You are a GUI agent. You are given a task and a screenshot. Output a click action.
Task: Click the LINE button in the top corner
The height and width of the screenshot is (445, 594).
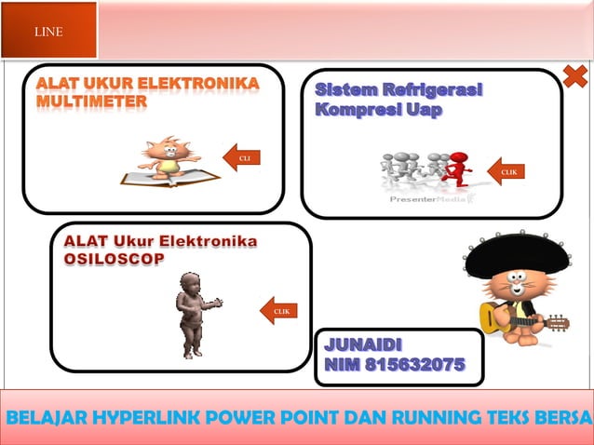(x=48, y=32)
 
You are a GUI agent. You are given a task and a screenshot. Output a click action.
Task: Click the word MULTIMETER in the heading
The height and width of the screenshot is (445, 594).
(x=91, y=101)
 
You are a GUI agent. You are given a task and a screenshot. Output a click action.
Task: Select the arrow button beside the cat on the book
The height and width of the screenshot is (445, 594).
(x=243, y=158)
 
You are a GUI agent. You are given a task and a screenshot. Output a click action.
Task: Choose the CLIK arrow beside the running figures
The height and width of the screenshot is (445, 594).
(x=507, y=171)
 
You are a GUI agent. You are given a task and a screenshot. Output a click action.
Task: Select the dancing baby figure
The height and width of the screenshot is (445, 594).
(x=194, y=313)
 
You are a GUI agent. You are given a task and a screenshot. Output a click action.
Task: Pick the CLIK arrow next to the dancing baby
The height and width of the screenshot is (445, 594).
(x=279, y=310)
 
